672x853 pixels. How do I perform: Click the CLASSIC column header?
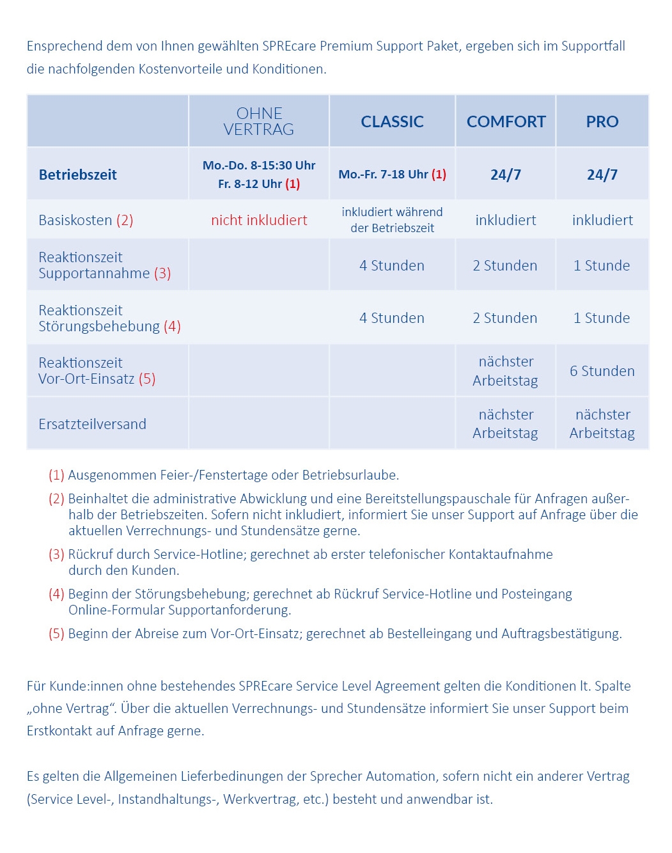[392, 121]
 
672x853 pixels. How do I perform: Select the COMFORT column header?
[506, 121]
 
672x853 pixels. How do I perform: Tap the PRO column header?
[602, 121]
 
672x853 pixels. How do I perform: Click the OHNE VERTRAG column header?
[259, 121]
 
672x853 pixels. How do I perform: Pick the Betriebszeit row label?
[78, 175]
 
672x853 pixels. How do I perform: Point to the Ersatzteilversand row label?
[92, 424]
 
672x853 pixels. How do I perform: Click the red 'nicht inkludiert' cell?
[259, 220]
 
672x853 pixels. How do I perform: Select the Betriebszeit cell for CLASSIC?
[392, 174]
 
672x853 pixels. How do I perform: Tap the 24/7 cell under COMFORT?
[506, 175]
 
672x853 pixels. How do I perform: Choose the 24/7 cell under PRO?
[602, 175]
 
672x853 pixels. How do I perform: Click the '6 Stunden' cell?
[602, 371]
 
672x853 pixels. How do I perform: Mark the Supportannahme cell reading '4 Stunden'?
[392, 265]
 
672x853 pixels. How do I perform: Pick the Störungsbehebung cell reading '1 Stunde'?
[602, 318]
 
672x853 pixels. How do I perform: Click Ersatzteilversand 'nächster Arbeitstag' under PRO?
[602, 424]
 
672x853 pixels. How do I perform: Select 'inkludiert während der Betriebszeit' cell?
[392, 220]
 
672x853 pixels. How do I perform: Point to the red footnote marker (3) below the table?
[56, 554]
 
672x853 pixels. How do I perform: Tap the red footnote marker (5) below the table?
[56, 634]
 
